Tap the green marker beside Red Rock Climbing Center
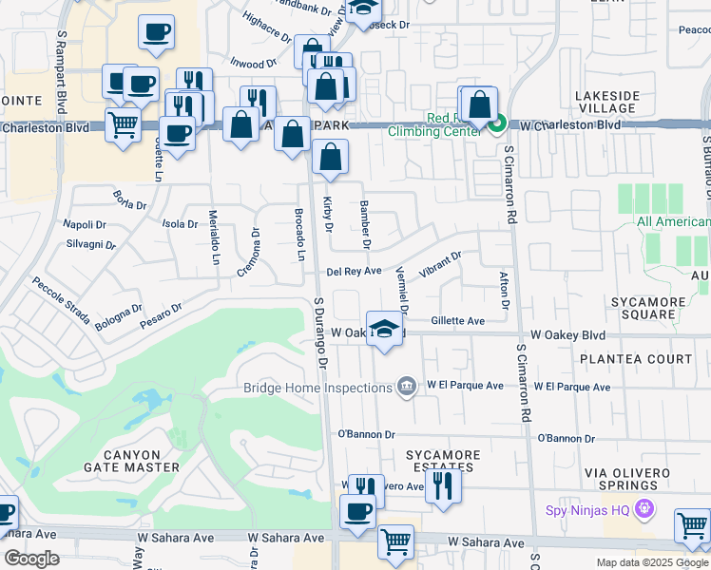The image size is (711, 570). coord(497,123)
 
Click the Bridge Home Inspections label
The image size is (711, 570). coord(318,387)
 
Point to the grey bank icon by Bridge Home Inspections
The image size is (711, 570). coord(407,386)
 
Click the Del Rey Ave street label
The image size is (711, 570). coord(354,272)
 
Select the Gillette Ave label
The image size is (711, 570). coord(457,321)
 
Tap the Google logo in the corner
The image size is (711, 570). coord(32,559)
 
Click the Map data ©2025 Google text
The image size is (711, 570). coord(651,562)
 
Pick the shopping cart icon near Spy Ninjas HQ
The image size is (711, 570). coord(692,526)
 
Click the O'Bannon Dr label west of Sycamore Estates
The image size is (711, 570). coord(366,434)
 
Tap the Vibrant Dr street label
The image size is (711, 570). coord(440,263)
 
